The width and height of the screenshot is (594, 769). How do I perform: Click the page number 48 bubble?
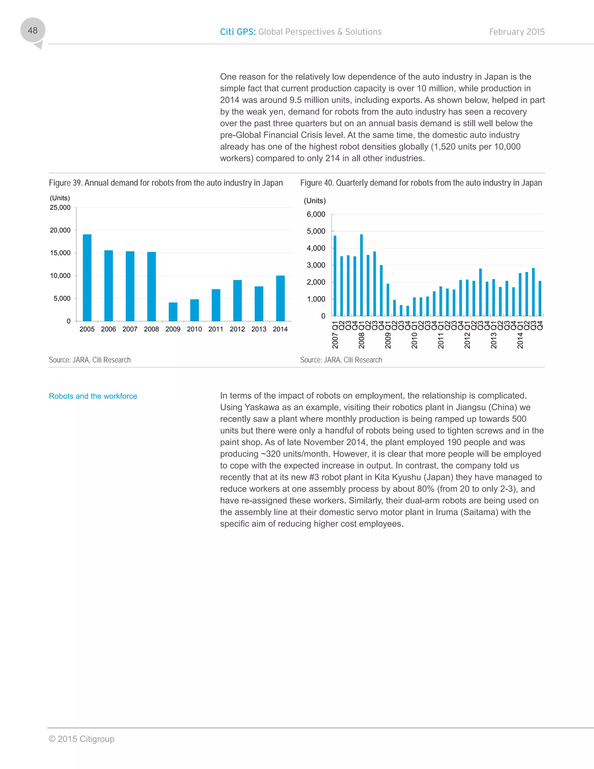(32, 31)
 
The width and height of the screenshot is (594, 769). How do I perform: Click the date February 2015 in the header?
(517, 32)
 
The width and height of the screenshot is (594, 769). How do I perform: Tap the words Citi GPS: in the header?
(238, 32)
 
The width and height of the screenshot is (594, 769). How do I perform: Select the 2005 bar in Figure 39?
(87, 277)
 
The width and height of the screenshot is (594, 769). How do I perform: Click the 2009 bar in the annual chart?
(173, 312)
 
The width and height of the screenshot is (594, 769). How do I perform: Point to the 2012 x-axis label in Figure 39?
(237, 329)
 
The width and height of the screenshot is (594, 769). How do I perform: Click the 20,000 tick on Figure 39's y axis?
(60, 230)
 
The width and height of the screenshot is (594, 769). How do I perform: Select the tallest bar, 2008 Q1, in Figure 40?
(361, 275)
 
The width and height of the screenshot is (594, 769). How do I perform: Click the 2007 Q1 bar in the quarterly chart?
(335, 276)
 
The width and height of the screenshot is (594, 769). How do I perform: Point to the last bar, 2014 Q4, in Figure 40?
(540, 298)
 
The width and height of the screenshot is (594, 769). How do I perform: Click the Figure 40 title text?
(421, 183)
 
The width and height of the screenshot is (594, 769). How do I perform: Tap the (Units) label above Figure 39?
(60, 198)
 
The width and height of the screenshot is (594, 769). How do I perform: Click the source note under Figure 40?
(341, 360)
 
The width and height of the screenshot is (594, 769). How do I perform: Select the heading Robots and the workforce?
(93, 396)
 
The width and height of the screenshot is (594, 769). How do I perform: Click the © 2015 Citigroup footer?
(82, 739)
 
